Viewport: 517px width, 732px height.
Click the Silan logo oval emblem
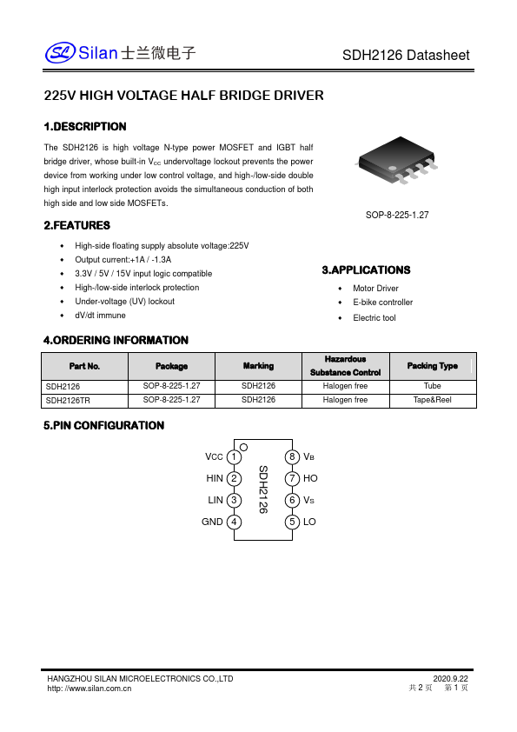click(x=61, y=54)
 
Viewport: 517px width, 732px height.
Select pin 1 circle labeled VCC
click(x=235, y=457)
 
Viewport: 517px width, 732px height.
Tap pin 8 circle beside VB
click(x=292, y=457)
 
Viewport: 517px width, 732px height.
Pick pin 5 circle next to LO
click(x=292, y=522)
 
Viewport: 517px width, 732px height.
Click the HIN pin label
click(x=215, y=479)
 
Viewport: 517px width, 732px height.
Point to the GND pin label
click(x=212, y=522)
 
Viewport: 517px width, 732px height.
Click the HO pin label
click(x=310, y=479)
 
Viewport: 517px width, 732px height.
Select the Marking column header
click(x=258, y=366)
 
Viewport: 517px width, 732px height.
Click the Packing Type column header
click(x=432, y=366)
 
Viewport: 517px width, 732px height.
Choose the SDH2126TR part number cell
click(x=67, y=400)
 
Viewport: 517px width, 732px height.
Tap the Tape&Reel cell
click(x=432, y=400)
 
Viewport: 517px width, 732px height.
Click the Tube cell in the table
click(x=432, y=385)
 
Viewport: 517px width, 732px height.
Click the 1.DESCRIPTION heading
click(x=85, y=127)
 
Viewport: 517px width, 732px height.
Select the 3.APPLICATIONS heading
click(x=366, y=270)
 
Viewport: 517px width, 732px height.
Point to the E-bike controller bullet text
click(x=382, y=303)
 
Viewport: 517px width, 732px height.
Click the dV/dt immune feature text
click(x=100, y=316)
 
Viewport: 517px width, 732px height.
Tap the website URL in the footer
click(x=89, y=689)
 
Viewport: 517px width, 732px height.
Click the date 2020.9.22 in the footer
click(x=450, y=678)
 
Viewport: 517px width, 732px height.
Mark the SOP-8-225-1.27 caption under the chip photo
click(x=397, y=214)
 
